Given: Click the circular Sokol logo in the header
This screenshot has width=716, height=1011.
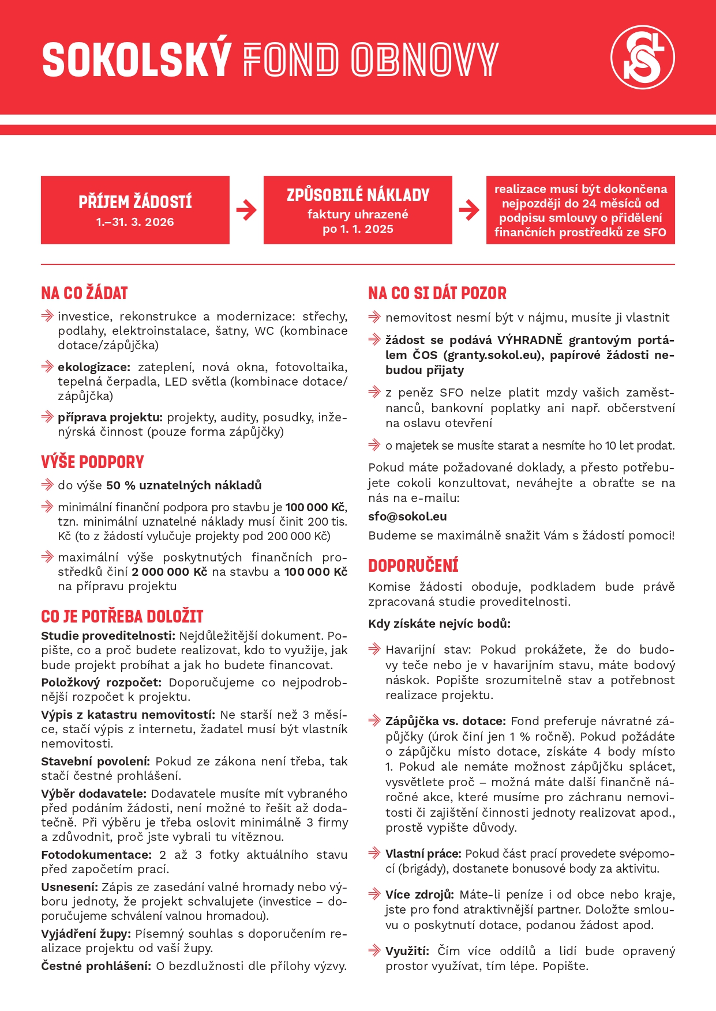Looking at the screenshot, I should click(642, 57).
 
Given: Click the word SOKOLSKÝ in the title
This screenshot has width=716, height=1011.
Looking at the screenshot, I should click(137, 59).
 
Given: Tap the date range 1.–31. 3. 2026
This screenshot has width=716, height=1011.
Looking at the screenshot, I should click(135, 222).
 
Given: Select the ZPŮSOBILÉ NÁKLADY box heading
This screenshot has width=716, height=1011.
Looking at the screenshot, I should click(358, 195).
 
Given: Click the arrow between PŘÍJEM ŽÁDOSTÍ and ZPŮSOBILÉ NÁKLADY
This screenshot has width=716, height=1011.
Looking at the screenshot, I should click(246, 210).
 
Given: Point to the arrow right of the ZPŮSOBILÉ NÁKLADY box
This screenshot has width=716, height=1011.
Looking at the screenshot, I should click(469, 210).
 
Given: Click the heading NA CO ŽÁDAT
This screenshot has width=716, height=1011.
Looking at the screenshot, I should click(84, 293).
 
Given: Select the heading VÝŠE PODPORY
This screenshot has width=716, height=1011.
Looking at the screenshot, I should click(92, 462).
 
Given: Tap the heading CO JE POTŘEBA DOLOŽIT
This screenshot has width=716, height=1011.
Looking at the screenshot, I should click(122, 617).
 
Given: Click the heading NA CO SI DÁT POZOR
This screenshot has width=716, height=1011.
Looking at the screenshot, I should click(437, 293).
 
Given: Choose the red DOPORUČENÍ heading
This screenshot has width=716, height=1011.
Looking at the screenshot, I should click(413, 566).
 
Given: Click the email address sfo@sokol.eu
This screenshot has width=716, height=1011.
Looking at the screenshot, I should click(407, 516).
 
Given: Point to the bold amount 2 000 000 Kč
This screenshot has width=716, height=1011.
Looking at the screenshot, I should click(169, 572).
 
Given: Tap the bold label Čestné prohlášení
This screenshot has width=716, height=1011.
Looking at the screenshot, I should click(96, 966).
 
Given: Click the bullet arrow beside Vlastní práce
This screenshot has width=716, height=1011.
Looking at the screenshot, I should click(374, 853).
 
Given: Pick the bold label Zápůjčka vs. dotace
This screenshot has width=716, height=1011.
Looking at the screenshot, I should click(445, 721).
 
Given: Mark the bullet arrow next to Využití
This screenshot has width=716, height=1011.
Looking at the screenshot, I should click(374, 950).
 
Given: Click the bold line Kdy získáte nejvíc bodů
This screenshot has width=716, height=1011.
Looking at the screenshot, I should click(439, 624).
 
